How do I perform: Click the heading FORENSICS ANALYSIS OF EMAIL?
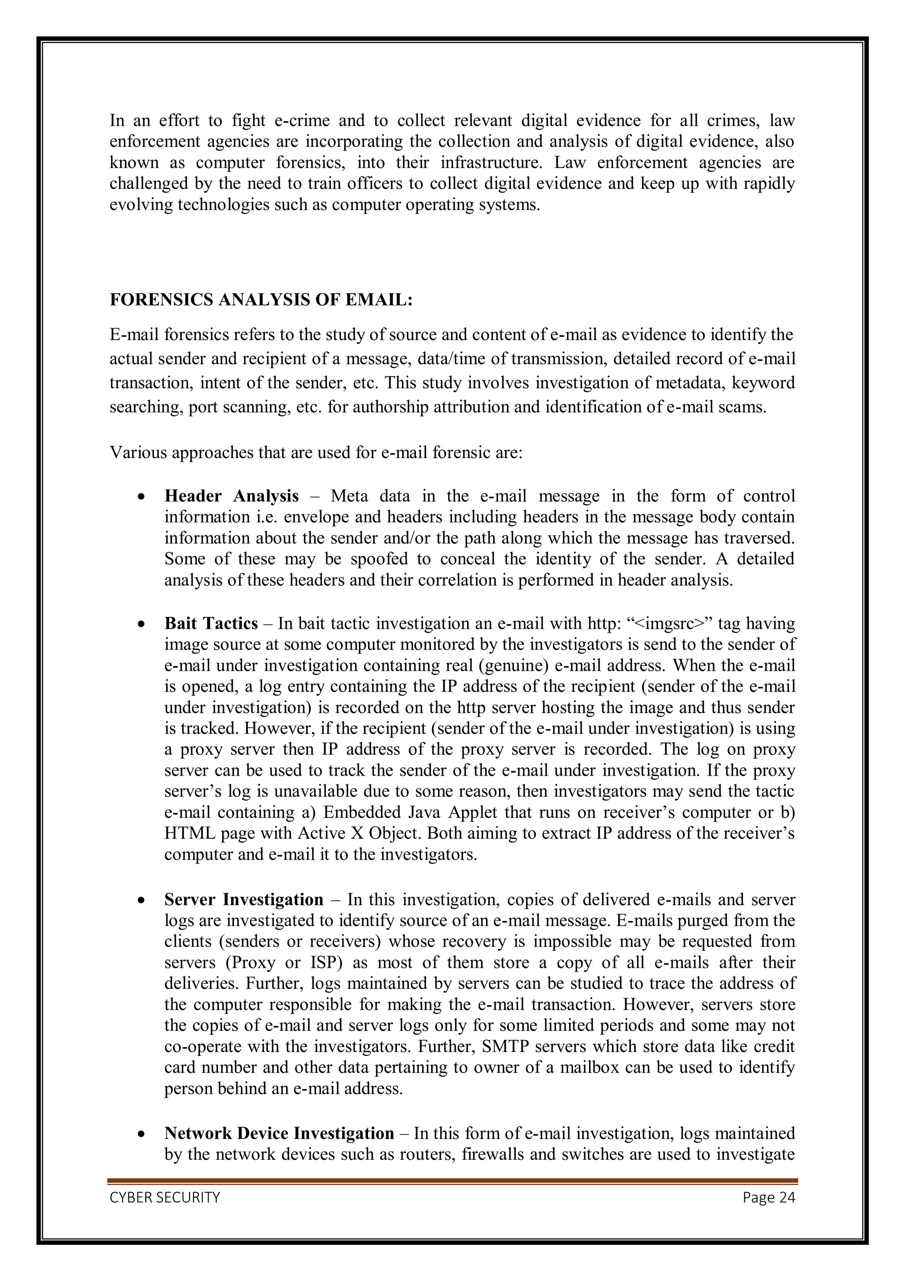click(x=261, y=300)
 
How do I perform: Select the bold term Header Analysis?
click(x=232, y=496)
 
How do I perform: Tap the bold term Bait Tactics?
click(x=211, y=623)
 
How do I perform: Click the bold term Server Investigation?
click(x=243, y=899)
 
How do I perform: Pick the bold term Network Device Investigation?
click(x=279, y=1133)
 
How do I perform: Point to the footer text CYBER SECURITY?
click(x=164, y=1198)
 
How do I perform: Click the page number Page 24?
click(x=768, y=1198)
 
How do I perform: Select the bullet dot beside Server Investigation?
click(x=142, y=900)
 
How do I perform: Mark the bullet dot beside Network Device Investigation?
click(x=142, y=1134)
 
